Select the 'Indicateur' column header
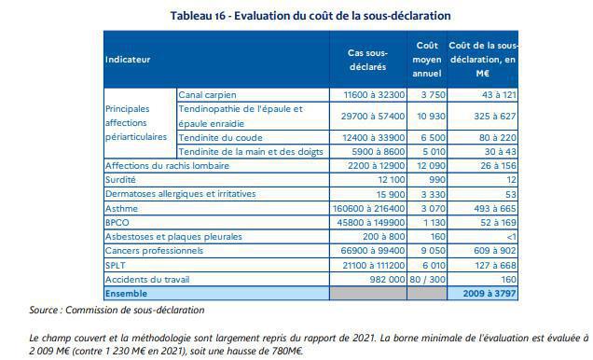click(x=128, y=60)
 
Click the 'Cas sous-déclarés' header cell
click(x=366, y=59)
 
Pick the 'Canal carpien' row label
click(x=208, y=95)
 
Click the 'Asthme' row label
click(x=121, y=209)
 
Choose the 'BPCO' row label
click(x=117, y=224)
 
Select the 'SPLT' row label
click(x=117, y=266)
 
